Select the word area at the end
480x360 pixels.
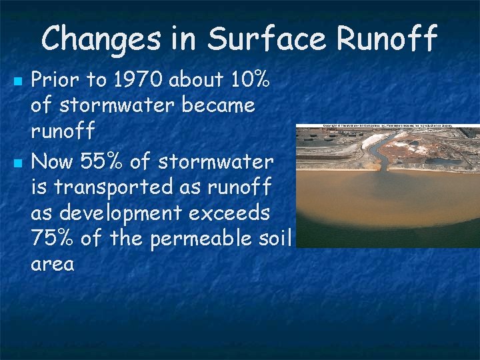pos(52,265)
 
